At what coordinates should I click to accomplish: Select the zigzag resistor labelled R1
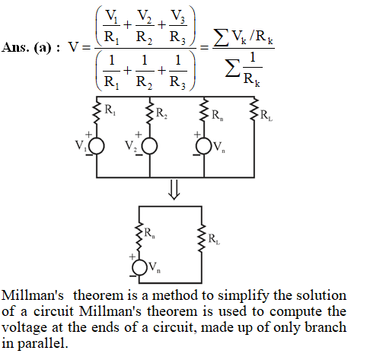point(97,111)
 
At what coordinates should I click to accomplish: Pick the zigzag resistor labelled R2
point(149,112)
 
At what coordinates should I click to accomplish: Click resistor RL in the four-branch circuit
point(254,110)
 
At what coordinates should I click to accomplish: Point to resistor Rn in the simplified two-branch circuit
point(139,237)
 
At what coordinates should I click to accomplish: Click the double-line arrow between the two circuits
point(174,190)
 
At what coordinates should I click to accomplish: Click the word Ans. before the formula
point(15,47)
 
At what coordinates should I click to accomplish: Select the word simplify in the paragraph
point(243,296)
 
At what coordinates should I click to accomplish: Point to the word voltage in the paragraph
point(24,328)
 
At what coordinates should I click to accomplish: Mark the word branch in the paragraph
point(326,327)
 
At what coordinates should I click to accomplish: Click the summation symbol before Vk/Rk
point(221,37)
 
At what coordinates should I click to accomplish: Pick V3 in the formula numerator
point(178,17)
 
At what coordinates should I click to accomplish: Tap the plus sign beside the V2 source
point(139,135)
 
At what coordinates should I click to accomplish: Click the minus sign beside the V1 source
point(89,155)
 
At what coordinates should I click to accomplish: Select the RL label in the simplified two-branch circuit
point(214,239)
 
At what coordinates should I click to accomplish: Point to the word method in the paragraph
point(174,295)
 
